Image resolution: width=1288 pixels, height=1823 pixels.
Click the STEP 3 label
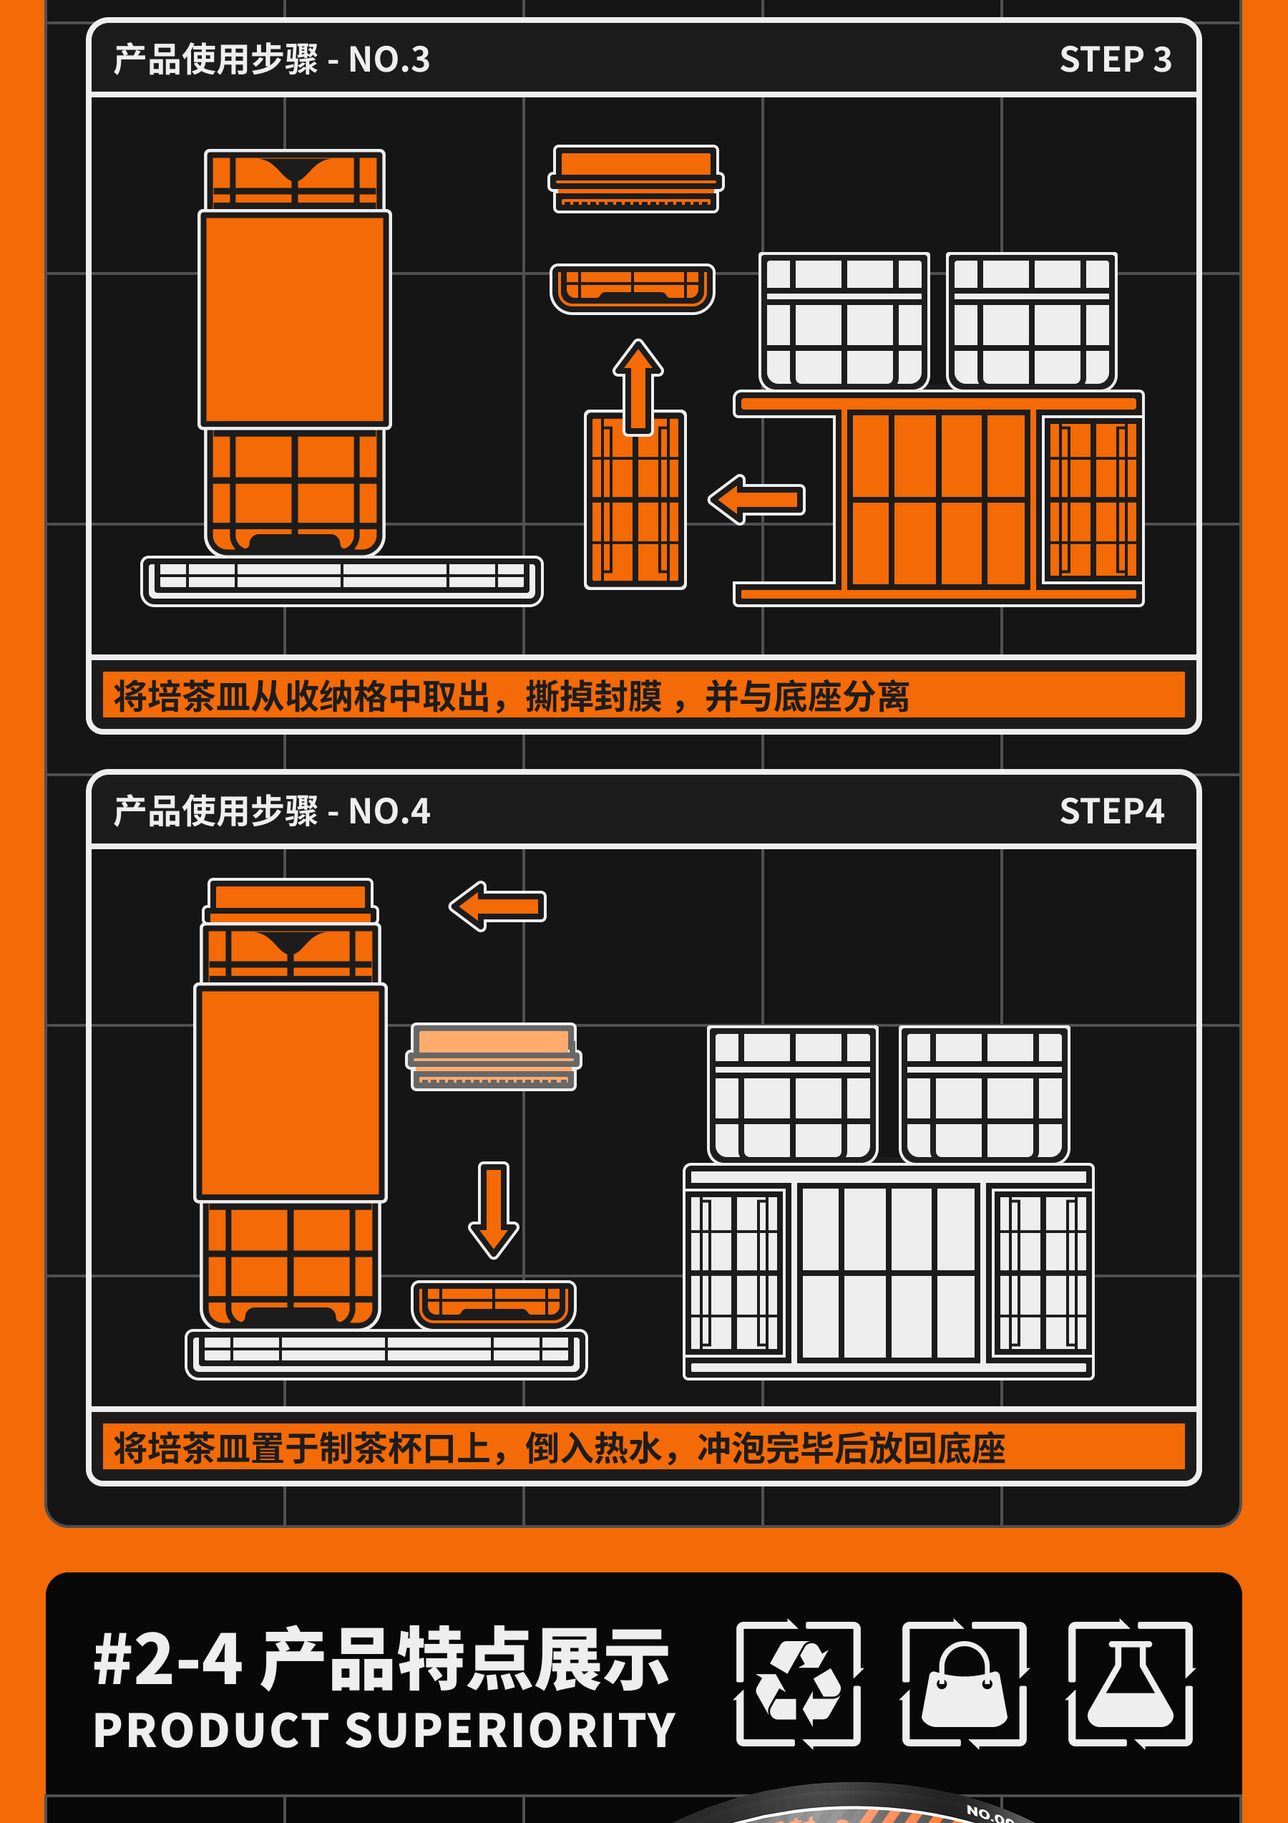tap(1115, 59)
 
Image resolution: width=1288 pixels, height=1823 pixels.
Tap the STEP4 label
tap(1112, 811)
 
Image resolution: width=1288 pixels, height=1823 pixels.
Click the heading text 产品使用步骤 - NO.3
tap(271, 59)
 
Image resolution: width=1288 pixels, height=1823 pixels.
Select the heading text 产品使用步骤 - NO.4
tap(271, 811)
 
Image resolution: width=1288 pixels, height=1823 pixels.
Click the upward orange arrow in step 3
tap(638, 387)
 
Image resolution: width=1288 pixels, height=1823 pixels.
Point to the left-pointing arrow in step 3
tap(756, 499)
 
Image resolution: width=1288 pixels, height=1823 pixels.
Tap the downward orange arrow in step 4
tap(494, 1210)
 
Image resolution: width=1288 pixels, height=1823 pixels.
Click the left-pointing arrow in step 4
tap(497, 906)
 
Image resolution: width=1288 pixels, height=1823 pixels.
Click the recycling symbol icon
tap(799, 1684)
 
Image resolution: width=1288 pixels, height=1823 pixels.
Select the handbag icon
tap(965, 1684)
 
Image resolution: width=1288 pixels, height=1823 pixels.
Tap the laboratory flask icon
tap(1130, 1684)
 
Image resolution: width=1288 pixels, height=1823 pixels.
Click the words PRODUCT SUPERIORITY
tap(384, 1731)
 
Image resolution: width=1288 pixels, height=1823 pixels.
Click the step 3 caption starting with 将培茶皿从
tap(511, 696)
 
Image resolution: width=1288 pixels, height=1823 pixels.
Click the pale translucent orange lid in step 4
tap(494, 1057)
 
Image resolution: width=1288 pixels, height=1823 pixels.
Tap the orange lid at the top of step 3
tap(635, 178)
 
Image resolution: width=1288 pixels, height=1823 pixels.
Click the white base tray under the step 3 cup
tap(342, 581)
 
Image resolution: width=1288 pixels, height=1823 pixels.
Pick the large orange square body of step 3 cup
tap(294, 320)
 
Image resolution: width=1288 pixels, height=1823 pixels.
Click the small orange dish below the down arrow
tap(494, 1305)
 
